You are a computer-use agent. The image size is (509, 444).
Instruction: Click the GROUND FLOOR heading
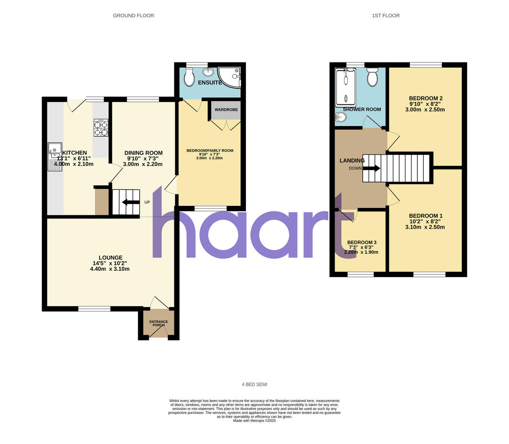pos(133,16)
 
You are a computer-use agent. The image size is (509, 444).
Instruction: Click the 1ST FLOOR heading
pos(386,16)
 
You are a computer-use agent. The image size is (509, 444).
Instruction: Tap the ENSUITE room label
pos(210,82)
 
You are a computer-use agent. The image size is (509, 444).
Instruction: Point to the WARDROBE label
pos(226,110)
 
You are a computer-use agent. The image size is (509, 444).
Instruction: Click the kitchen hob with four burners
pos(101,128)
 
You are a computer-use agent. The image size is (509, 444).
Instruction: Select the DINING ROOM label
pos(143,153)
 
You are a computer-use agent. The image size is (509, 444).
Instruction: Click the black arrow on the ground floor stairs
pos(131,202)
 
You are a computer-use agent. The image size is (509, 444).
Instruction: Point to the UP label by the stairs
pos(147,202)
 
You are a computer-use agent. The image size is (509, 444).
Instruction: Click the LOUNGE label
pos(110,258)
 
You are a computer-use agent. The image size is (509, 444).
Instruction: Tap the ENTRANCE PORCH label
pos(158,323)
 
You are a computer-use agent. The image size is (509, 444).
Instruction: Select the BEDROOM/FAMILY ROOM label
pos(210,150)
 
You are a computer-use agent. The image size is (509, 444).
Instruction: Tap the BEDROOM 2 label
pos(425,98)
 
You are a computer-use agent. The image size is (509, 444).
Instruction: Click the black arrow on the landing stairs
pos(371,168)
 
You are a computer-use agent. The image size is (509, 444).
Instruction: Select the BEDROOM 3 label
pos(362,242)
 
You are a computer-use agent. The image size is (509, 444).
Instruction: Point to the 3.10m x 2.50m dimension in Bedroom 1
pos(425,227)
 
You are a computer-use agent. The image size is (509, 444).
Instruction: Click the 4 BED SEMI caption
pos(255,385)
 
